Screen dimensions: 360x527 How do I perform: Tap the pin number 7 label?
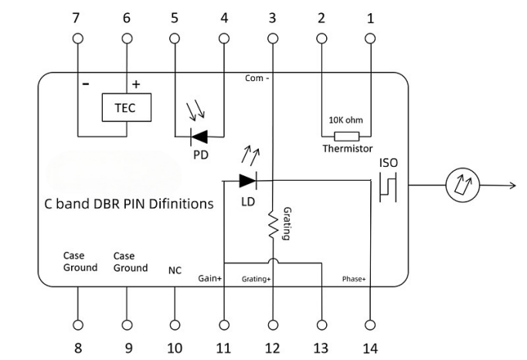point(76,19)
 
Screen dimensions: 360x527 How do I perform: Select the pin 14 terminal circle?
point(370,324)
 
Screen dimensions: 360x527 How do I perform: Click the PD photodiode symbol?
point(199,138)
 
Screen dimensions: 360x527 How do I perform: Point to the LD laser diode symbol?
point(247,181)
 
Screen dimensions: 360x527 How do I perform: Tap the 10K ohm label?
point(346,120)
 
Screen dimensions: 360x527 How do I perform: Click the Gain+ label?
point(210,278)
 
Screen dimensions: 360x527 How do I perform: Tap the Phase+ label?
point(354,278)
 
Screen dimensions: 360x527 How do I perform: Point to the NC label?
point(175,271)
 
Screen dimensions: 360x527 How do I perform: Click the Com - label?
point(257,79)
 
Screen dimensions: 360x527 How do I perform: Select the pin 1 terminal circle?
point(370,39)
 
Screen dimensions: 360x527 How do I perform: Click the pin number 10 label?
point(175,348)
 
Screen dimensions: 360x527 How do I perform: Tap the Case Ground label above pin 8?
point(80,262)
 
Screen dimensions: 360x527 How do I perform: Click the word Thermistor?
point(347,148)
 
